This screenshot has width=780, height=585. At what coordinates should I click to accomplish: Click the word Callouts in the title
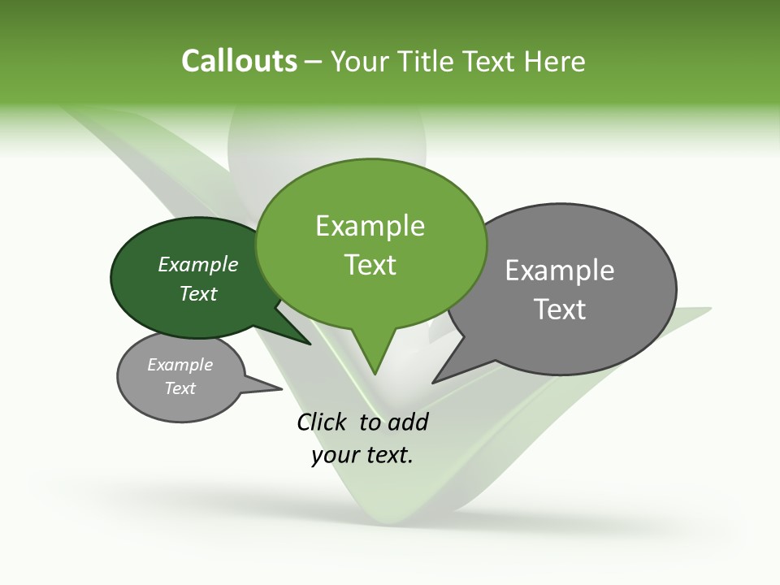(239, 62)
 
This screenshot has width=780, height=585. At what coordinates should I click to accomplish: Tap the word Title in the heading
(427, 62)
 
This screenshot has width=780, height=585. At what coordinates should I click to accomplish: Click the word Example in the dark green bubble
(197, 264)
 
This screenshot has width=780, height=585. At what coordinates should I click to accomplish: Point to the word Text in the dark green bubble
(197, 293)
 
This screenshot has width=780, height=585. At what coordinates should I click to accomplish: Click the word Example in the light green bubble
(370, 226)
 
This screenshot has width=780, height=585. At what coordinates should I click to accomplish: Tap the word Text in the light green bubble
(370, 265)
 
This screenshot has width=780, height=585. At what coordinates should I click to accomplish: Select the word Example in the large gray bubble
(560, 271)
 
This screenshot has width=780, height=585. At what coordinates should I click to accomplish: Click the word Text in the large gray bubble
(560, 310)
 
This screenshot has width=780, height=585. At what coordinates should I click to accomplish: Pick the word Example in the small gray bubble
(180, 365)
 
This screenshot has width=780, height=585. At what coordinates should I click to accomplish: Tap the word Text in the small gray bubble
(180, 388)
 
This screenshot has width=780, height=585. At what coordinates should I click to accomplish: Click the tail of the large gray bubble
(443, 375)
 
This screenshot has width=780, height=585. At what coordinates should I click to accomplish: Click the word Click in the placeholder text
(323, 422)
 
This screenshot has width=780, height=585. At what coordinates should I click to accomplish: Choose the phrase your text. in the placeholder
(362, 455)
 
